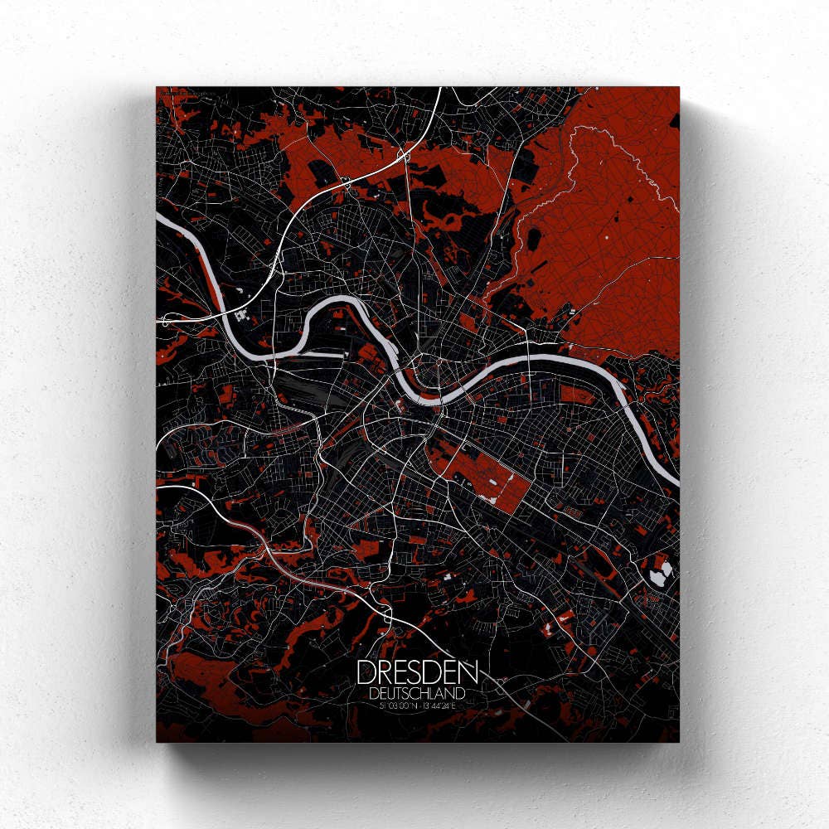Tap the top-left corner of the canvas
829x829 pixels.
coord(157,87)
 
